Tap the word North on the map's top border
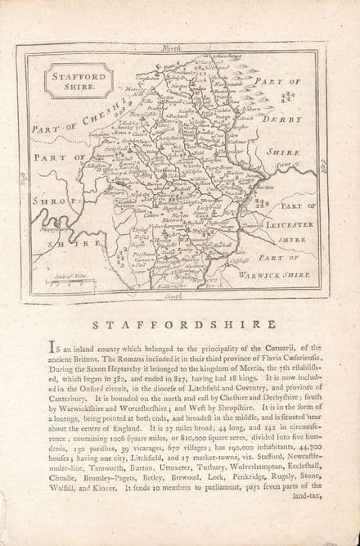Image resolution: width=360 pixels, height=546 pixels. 171,49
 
